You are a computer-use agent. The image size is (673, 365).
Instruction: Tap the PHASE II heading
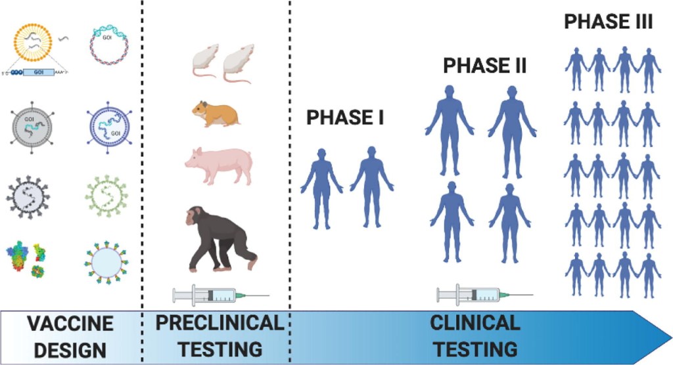[485, 66]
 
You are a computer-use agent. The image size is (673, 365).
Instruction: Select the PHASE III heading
[608, 22]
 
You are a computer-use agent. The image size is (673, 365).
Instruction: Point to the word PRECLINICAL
[217, 323]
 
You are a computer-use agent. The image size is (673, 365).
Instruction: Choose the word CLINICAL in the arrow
[475, 323]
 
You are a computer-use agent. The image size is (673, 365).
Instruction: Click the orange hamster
[215, 113]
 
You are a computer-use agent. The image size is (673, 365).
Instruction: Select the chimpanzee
[217, 238]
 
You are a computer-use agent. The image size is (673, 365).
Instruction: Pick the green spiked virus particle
[109, 196]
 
